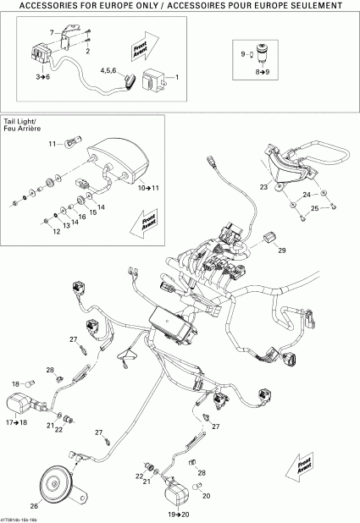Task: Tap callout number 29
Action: coord(282,251)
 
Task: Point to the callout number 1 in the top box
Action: coord(176,78)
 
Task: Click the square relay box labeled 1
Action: coord(157,80)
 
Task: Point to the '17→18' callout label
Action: coord(17,421)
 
